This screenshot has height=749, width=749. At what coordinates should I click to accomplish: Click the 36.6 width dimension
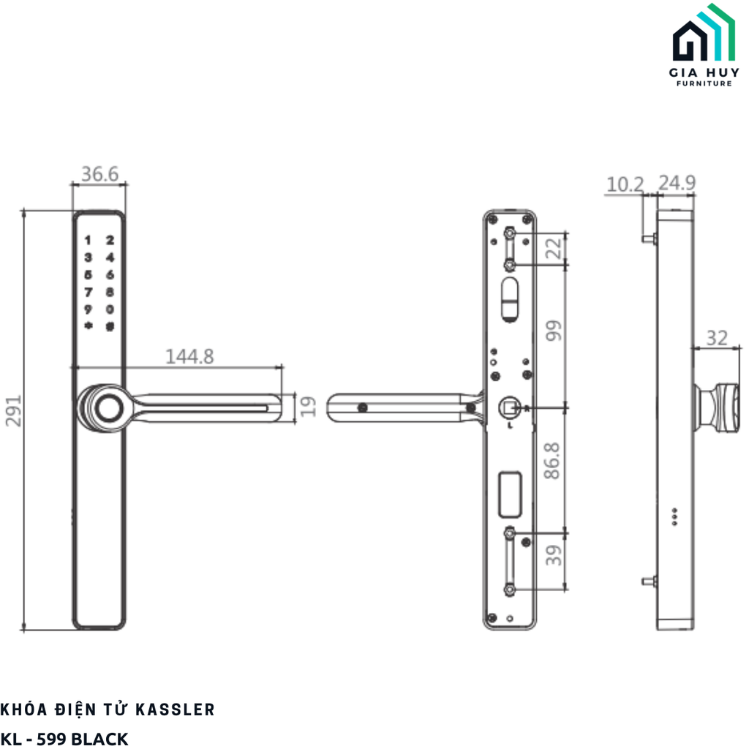99,174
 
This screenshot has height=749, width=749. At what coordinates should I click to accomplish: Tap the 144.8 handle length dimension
189,356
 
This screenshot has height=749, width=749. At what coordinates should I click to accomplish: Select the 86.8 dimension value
554,459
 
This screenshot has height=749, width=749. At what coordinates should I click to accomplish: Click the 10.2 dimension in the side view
624,184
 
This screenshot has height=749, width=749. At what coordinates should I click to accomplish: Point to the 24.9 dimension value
676,184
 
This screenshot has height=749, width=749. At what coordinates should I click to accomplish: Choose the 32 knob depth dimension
718,338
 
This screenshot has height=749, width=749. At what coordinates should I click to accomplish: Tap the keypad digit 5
88,275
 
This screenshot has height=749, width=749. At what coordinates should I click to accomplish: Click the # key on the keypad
110,326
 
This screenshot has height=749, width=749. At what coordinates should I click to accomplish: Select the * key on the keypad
88,326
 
